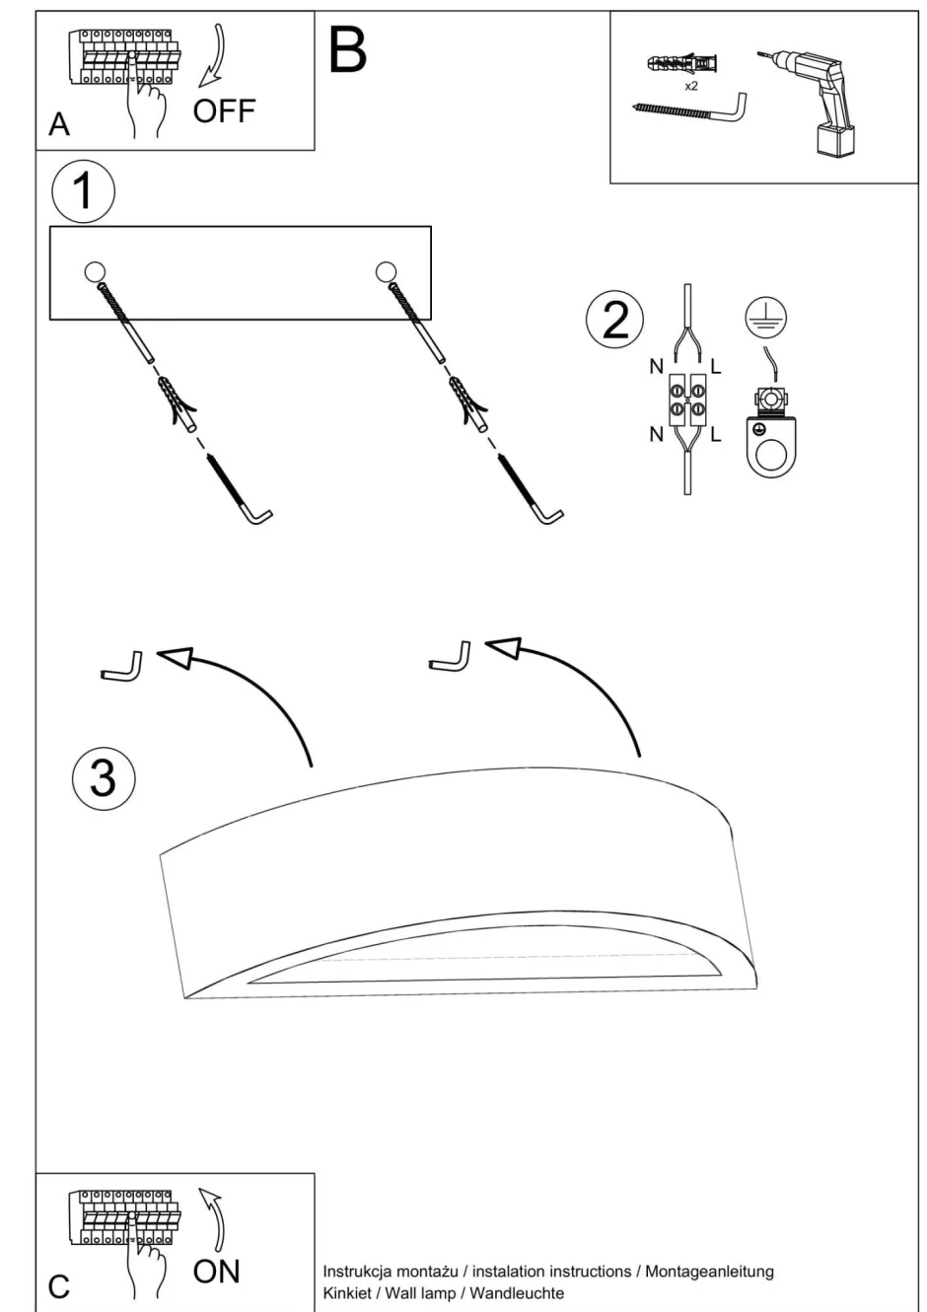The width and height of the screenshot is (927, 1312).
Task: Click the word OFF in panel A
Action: pos(224,110)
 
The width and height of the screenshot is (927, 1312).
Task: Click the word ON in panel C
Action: pos(216,1272)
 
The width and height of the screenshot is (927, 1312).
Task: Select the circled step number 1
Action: pos(83,190)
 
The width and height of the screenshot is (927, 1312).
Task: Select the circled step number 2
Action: pos(614,320)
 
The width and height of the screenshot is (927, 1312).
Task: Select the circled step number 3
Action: pos(104,777)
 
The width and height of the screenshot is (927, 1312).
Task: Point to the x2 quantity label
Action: pos(691,87)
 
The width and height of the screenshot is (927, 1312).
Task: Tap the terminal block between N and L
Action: pos(686,400)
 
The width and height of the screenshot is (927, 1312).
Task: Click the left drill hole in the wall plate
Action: pos(95,271)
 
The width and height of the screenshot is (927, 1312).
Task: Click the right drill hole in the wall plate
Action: pos(386,271)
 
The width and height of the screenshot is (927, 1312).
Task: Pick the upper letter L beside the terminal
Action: pos(715,367)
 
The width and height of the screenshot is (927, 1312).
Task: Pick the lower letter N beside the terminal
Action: pos(656,434)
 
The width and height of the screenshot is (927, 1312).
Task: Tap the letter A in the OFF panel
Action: pos(59,125)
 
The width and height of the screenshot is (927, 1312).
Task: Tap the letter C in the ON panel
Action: pos(59,1286)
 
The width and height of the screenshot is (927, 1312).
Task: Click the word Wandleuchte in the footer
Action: pos(518,1292)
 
